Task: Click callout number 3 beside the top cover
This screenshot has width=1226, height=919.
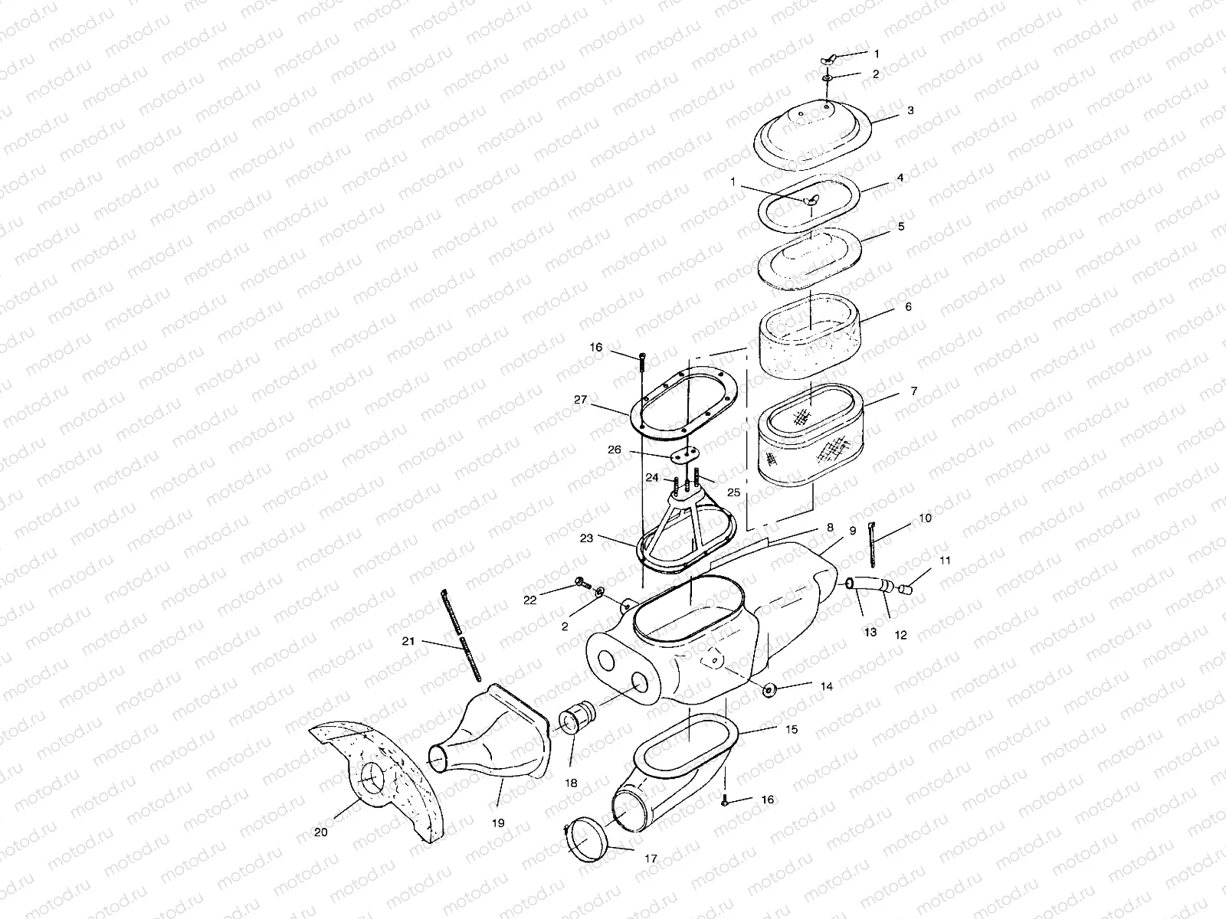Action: click(x=910, y=110)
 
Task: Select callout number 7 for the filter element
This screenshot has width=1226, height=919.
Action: click(x=913, y=391)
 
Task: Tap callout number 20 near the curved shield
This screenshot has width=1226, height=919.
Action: click(x=320, y=832)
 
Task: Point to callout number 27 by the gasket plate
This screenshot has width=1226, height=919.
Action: click(x=580, y=399)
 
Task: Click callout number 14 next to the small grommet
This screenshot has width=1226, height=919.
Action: click(x=826, y=687)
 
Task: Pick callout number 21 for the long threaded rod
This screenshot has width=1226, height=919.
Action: click(x=408, y=641)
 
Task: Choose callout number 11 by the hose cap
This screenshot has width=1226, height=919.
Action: click(x=945, y=561)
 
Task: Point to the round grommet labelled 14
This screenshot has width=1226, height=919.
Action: click(x=768, y=691)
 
